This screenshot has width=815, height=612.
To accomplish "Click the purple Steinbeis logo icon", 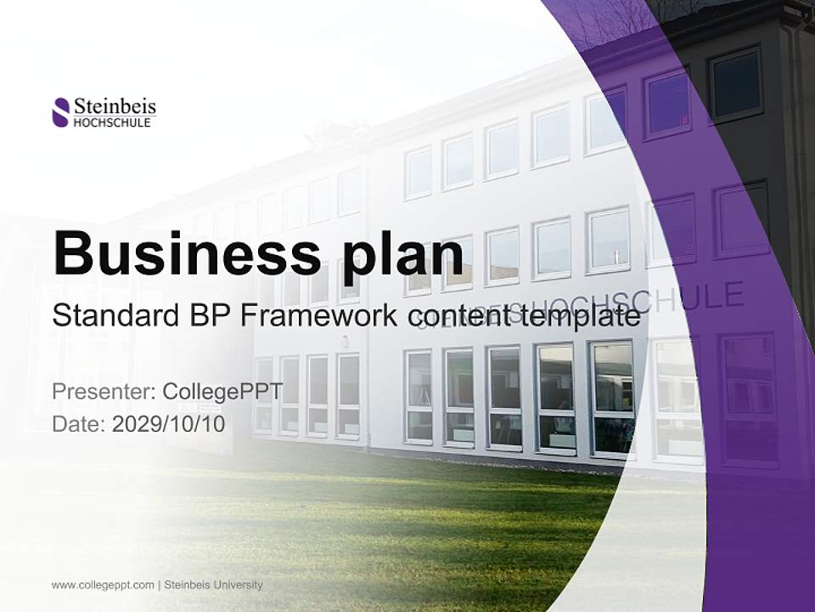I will (x=61, y=112).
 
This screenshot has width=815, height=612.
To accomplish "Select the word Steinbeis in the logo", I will (x=115, y=106).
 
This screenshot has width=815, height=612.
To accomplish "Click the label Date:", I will (x=79, y=422).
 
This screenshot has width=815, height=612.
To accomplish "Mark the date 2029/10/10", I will (x=169, y=422).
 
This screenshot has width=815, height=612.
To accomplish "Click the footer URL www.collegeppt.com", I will (x=103, y=585).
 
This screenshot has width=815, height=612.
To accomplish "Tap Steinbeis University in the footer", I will (x=213, y=585).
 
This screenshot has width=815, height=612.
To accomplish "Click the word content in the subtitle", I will (x=454, y=315).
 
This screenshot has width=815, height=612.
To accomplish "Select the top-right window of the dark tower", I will (x=735, y=82).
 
